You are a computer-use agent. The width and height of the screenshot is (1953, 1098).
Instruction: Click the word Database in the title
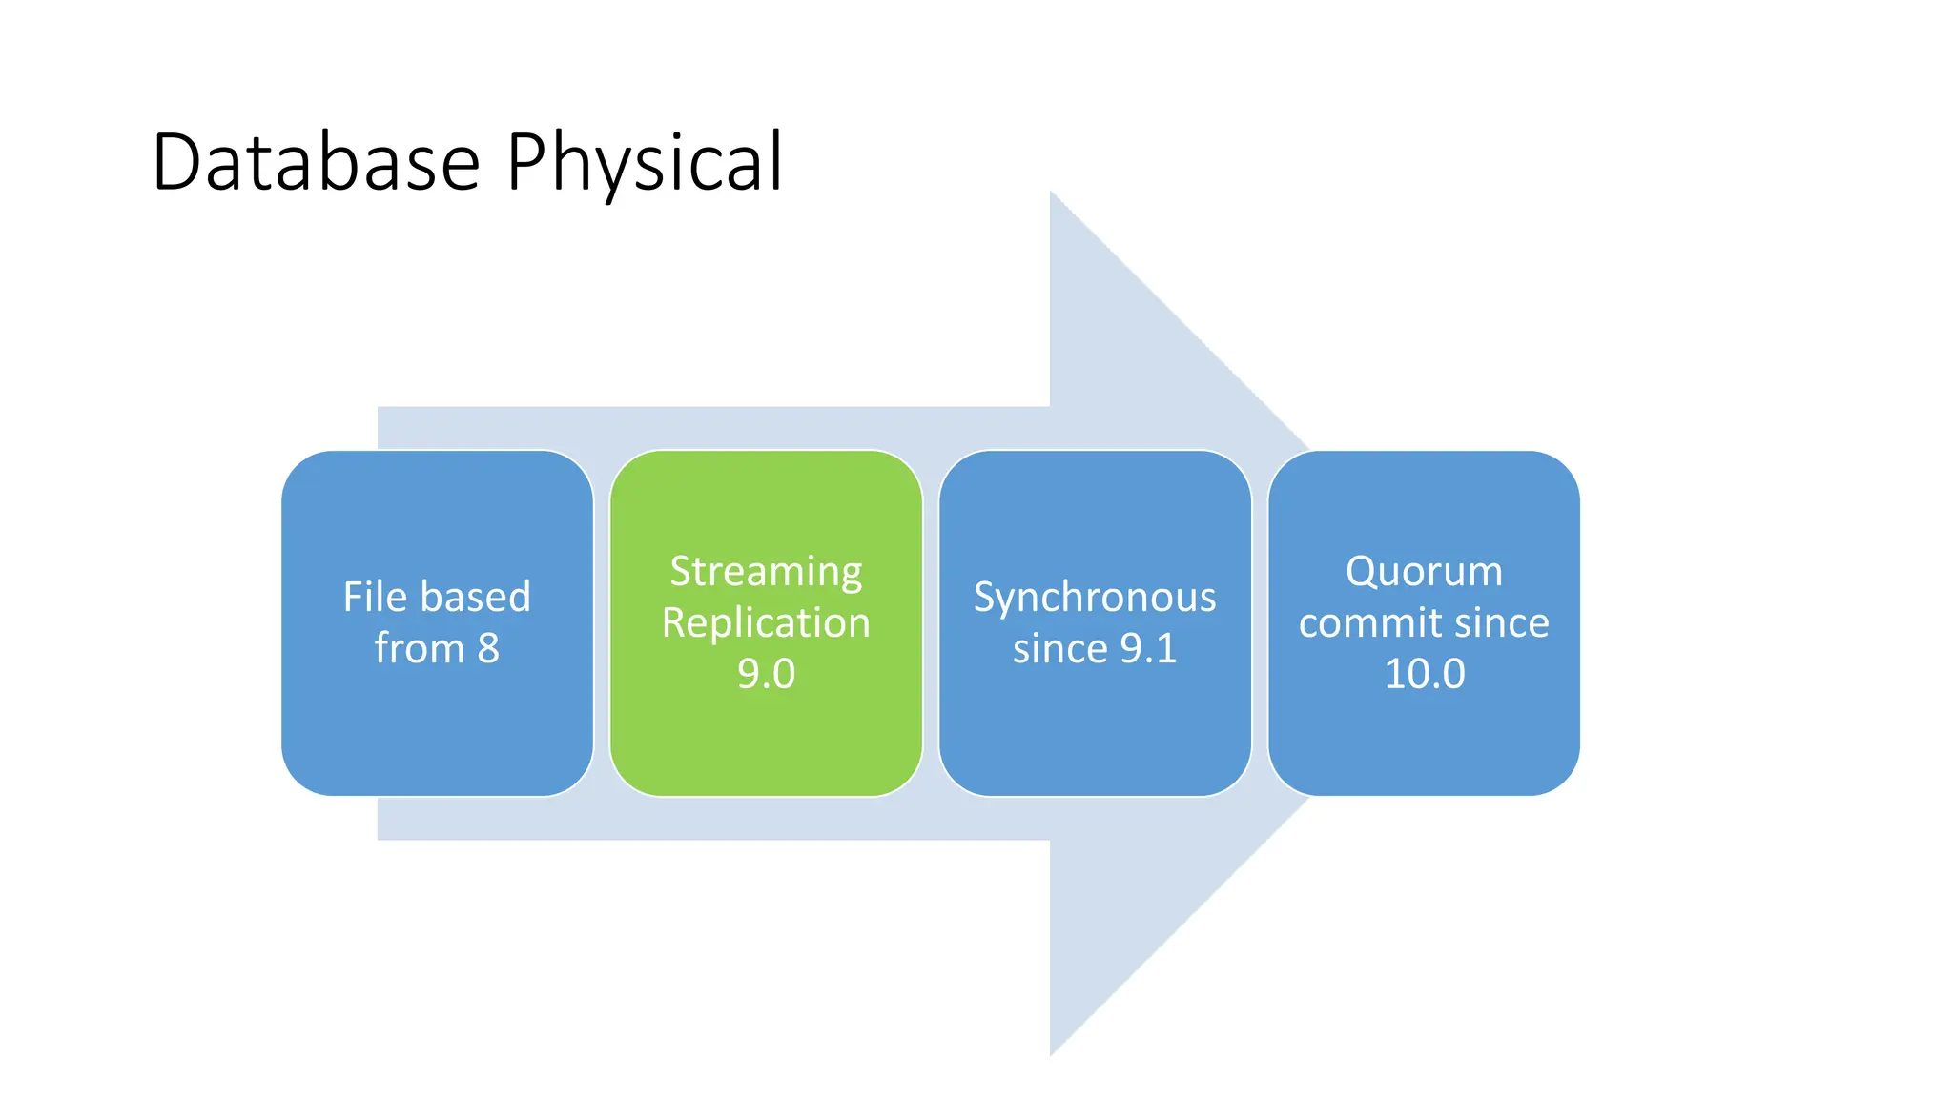[315, 162]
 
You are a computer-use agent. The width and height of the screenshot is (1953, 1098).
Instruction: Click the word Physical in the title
[644, 164]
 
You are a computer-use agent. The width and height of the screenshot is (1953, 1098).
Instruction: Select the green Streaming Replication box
[766, 743]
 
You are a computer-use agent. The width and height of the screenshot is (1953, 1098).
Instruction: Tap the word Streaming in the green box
[766, 572]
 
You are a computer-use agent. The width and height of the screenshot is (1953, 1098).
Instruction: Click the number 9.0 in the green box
[766, 674]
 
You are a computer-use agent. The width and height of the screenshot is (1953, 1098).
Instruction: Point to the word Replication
[766, 623]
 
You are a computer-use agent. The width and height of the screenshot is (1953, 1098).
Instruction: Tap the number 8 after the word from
[488, 649]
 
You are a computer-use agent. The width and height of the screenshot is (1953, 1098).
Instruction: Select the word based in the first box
[475, 597]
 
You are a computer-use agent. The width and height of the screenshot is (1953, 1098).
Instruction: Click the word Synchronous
[1095, 599]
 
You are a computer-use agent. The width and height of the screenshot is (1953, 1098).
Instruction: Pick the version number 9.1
[1148, 649]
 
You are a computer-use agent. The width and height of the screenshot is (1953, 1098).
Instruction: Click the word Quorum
[1424, 572]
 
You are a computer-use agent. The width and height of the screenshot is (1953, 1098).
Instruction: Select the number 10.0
[1424, 674]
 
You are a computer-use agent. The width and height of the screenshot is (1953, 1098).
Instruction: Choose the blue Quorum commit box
[1424, 743]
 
